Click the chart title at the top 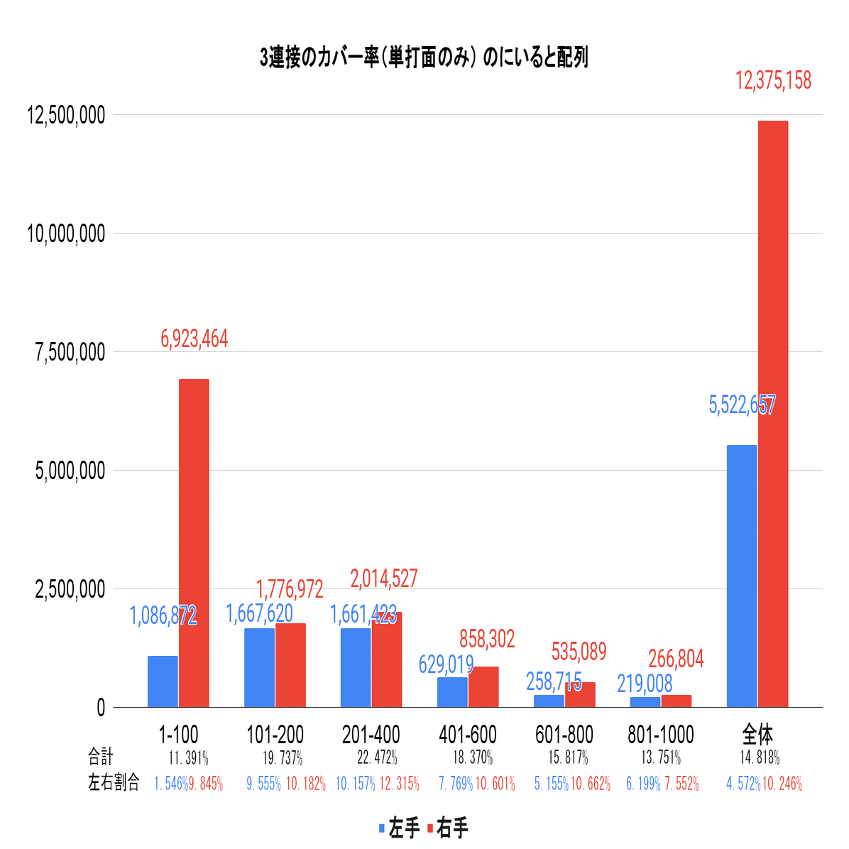coord(424,57)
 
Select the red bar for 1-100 coord(194,543)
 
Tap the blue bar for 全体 coord(742,576)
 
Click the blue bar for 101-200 coord(259,667)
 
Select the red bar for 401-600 coord(483,686)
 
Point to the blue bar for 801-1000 coord(645,701)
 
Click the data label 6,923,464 coord(195,339)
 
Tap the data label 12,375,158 coord(773,81)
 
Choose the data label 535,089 coord(579,651)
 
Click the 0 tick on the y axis coord(100,708)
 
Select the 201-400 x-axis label coord(371,735)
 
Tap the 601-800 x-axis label coord(564,735)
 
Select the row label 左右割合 coord(114,783)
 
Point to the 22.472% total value coord(377,757)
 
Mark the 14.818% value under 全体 coord(760,757)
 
